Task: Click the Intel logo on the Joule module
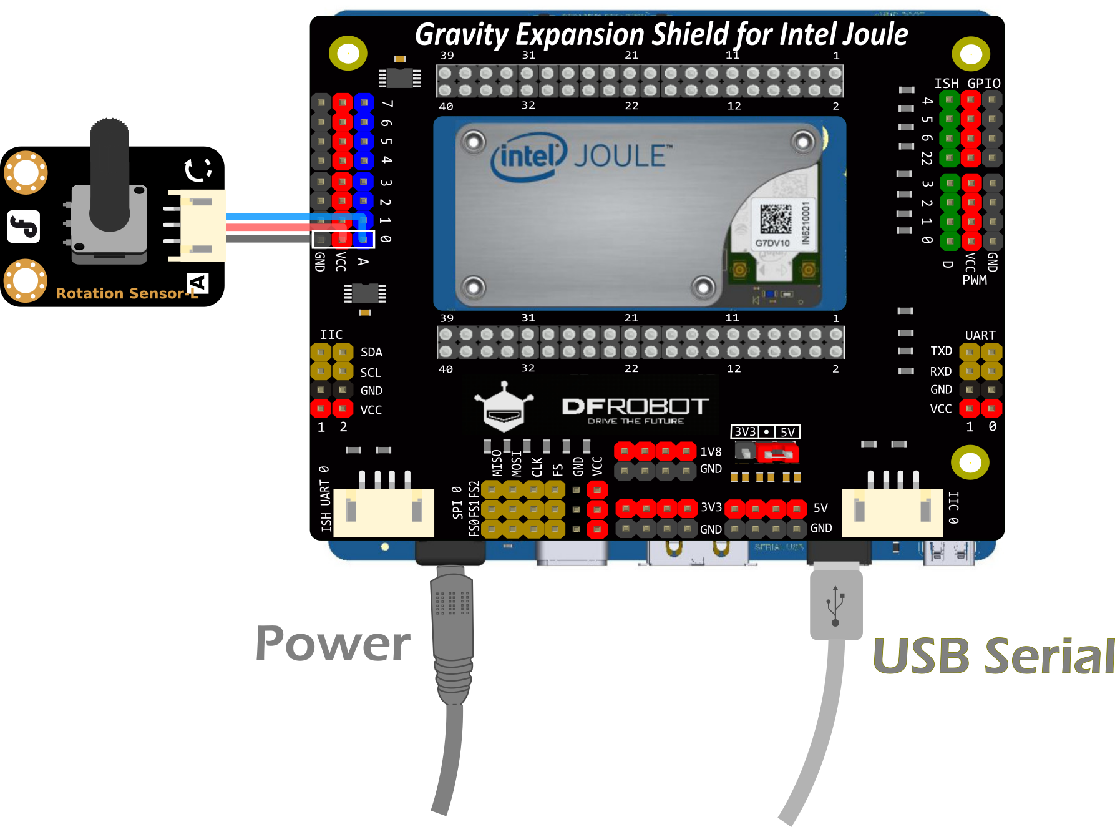click(x=528, y=157)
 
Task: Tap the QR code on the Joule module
click(x=776, y=218)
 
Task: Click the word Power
click(x=333, y=644)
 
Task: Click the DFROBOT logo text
click(x=635, y=407)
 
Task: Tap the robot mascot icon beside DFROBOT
click(x=504, y=408)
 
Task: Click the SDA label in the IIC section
click(x=371, y=353)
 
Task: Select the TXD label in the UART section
click(x=941, y=351)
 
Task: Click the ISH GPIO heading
click(x=967, y=84)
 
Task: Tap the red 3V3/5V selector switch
click(x=777, y=454)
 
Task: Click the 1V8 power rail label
click(x=711, y=452)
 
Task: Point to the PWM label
click(x=975, y=280)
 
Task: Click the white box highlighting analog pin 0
click(x=343, y=239)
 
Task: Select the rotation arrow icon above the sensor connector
click(x=198, y=169)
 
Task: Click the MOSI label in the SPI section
click(x=517, y=464)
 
